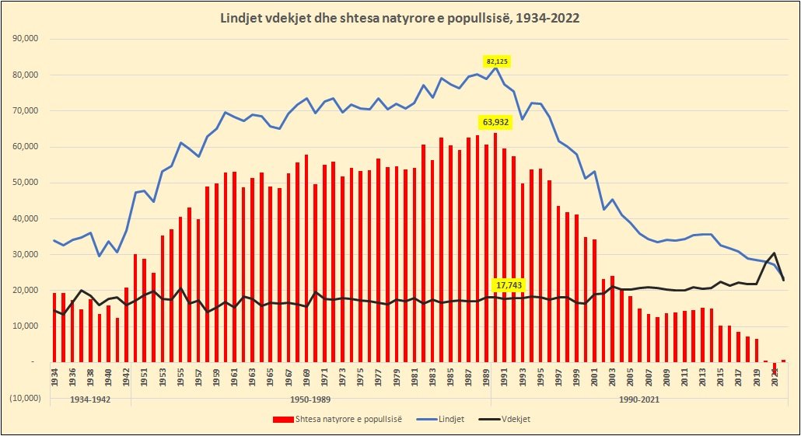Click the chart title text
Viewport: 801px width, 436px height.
(400, 18)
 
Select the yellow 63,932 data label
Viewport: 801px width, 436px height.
(495, 122)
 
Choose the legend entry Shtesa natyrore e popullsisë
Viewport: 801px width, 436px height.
(338, 419)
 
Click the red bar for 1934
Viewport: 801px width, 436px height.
(54, 327)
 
